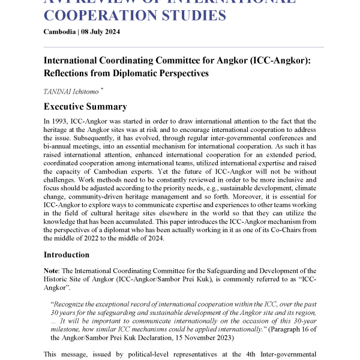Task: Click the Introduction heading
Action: [x=67, y=254]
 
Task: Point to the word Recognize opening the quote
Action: [x=76, y=304]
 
